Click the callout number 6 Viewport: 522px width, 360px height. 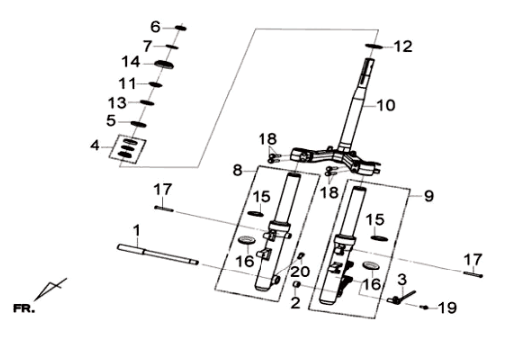(155, 27)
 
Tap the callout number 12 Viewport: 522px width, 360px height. (403, 47)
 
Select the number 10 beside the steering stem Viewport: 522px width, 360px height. (386, 105)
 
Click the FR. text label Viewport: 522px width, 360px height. (23, 309)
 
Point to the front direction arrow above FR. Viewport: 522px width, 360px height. (50, 289)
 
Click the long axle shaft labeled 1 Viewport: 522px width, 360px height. (158, 255)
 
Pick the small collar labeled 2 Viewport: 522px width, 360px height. (297, 284)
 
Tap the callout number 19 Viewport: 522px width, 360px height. (447, 308)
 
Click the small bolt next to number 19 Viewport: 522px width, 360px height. (425, 307)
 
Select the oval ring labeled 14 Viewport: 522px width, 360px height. (164, 64)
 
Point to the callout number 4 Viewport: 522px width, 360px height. (95, 146)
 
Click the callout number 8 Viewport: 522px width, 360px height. (237, 171)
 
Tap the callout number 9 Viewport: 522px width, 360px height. (429, 196)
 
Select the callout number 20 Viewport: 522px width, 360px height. (300, 271)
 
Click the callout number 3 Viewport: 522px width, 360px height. (402, 280)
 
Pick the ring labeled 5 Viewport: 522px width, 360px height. (139, 124)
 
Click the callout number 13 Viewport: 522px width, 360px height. (117, 103)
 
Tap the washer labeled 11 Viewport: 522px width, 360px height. (155, 84)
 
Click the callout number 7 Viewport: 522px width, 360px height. (148, 47)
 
